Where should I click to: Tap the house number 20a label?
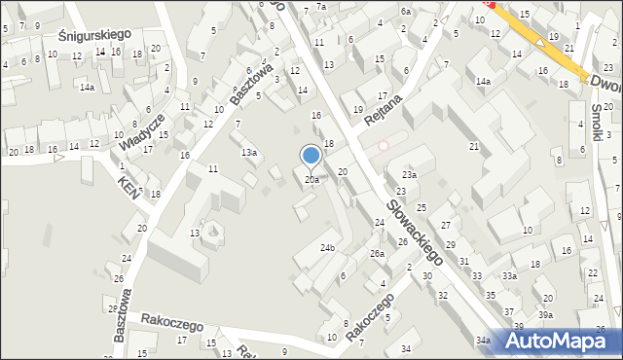(x=311, y=180)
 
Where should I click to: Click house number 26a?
(x=377, y=254)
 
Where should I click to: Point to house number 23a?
(x=410, y=175)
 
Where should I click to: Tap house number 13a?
(x=249, y=153)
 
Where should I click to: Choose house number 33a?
(x=509, y=276)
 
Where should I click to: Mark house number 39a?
(x=546, y=315)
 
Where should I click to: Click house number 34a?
(x=483, y=341)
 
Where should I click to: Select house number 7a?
(x=320, y=7)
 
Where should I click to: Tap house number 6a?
(x=405, y=11)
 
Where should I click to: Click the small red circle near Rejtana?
(x=383, y=146)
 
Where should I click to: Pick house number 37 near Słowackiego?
(x=509, y=312)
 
